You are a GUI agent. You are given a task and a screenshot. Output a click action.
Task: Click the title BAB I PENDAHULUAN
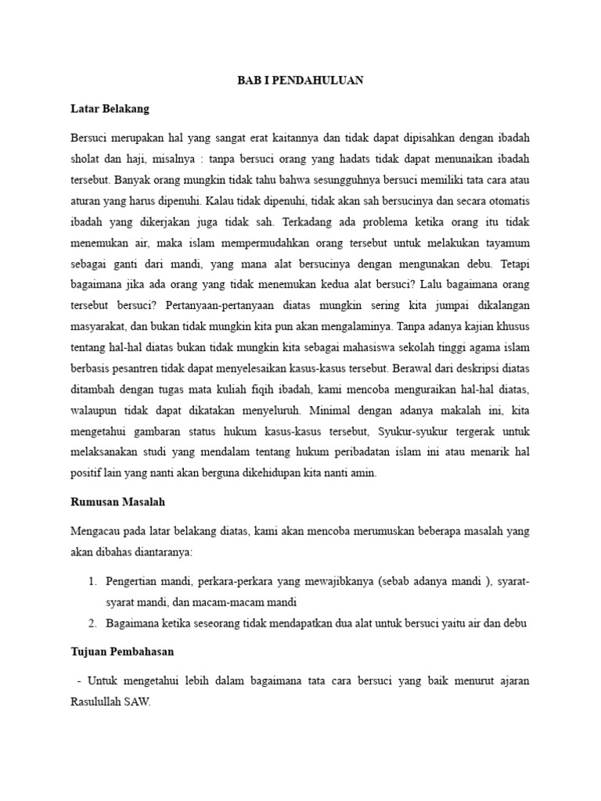tap(300, 81)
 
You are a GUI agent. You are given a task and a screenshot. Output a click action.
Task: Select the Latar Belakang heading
tap(110, 108)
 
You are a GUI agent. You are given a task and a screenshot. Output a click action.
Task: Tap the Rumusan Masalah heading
tap(116, 501)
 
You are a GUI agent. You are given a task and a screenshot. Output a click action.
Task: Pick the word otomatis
tap(504, 200)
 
